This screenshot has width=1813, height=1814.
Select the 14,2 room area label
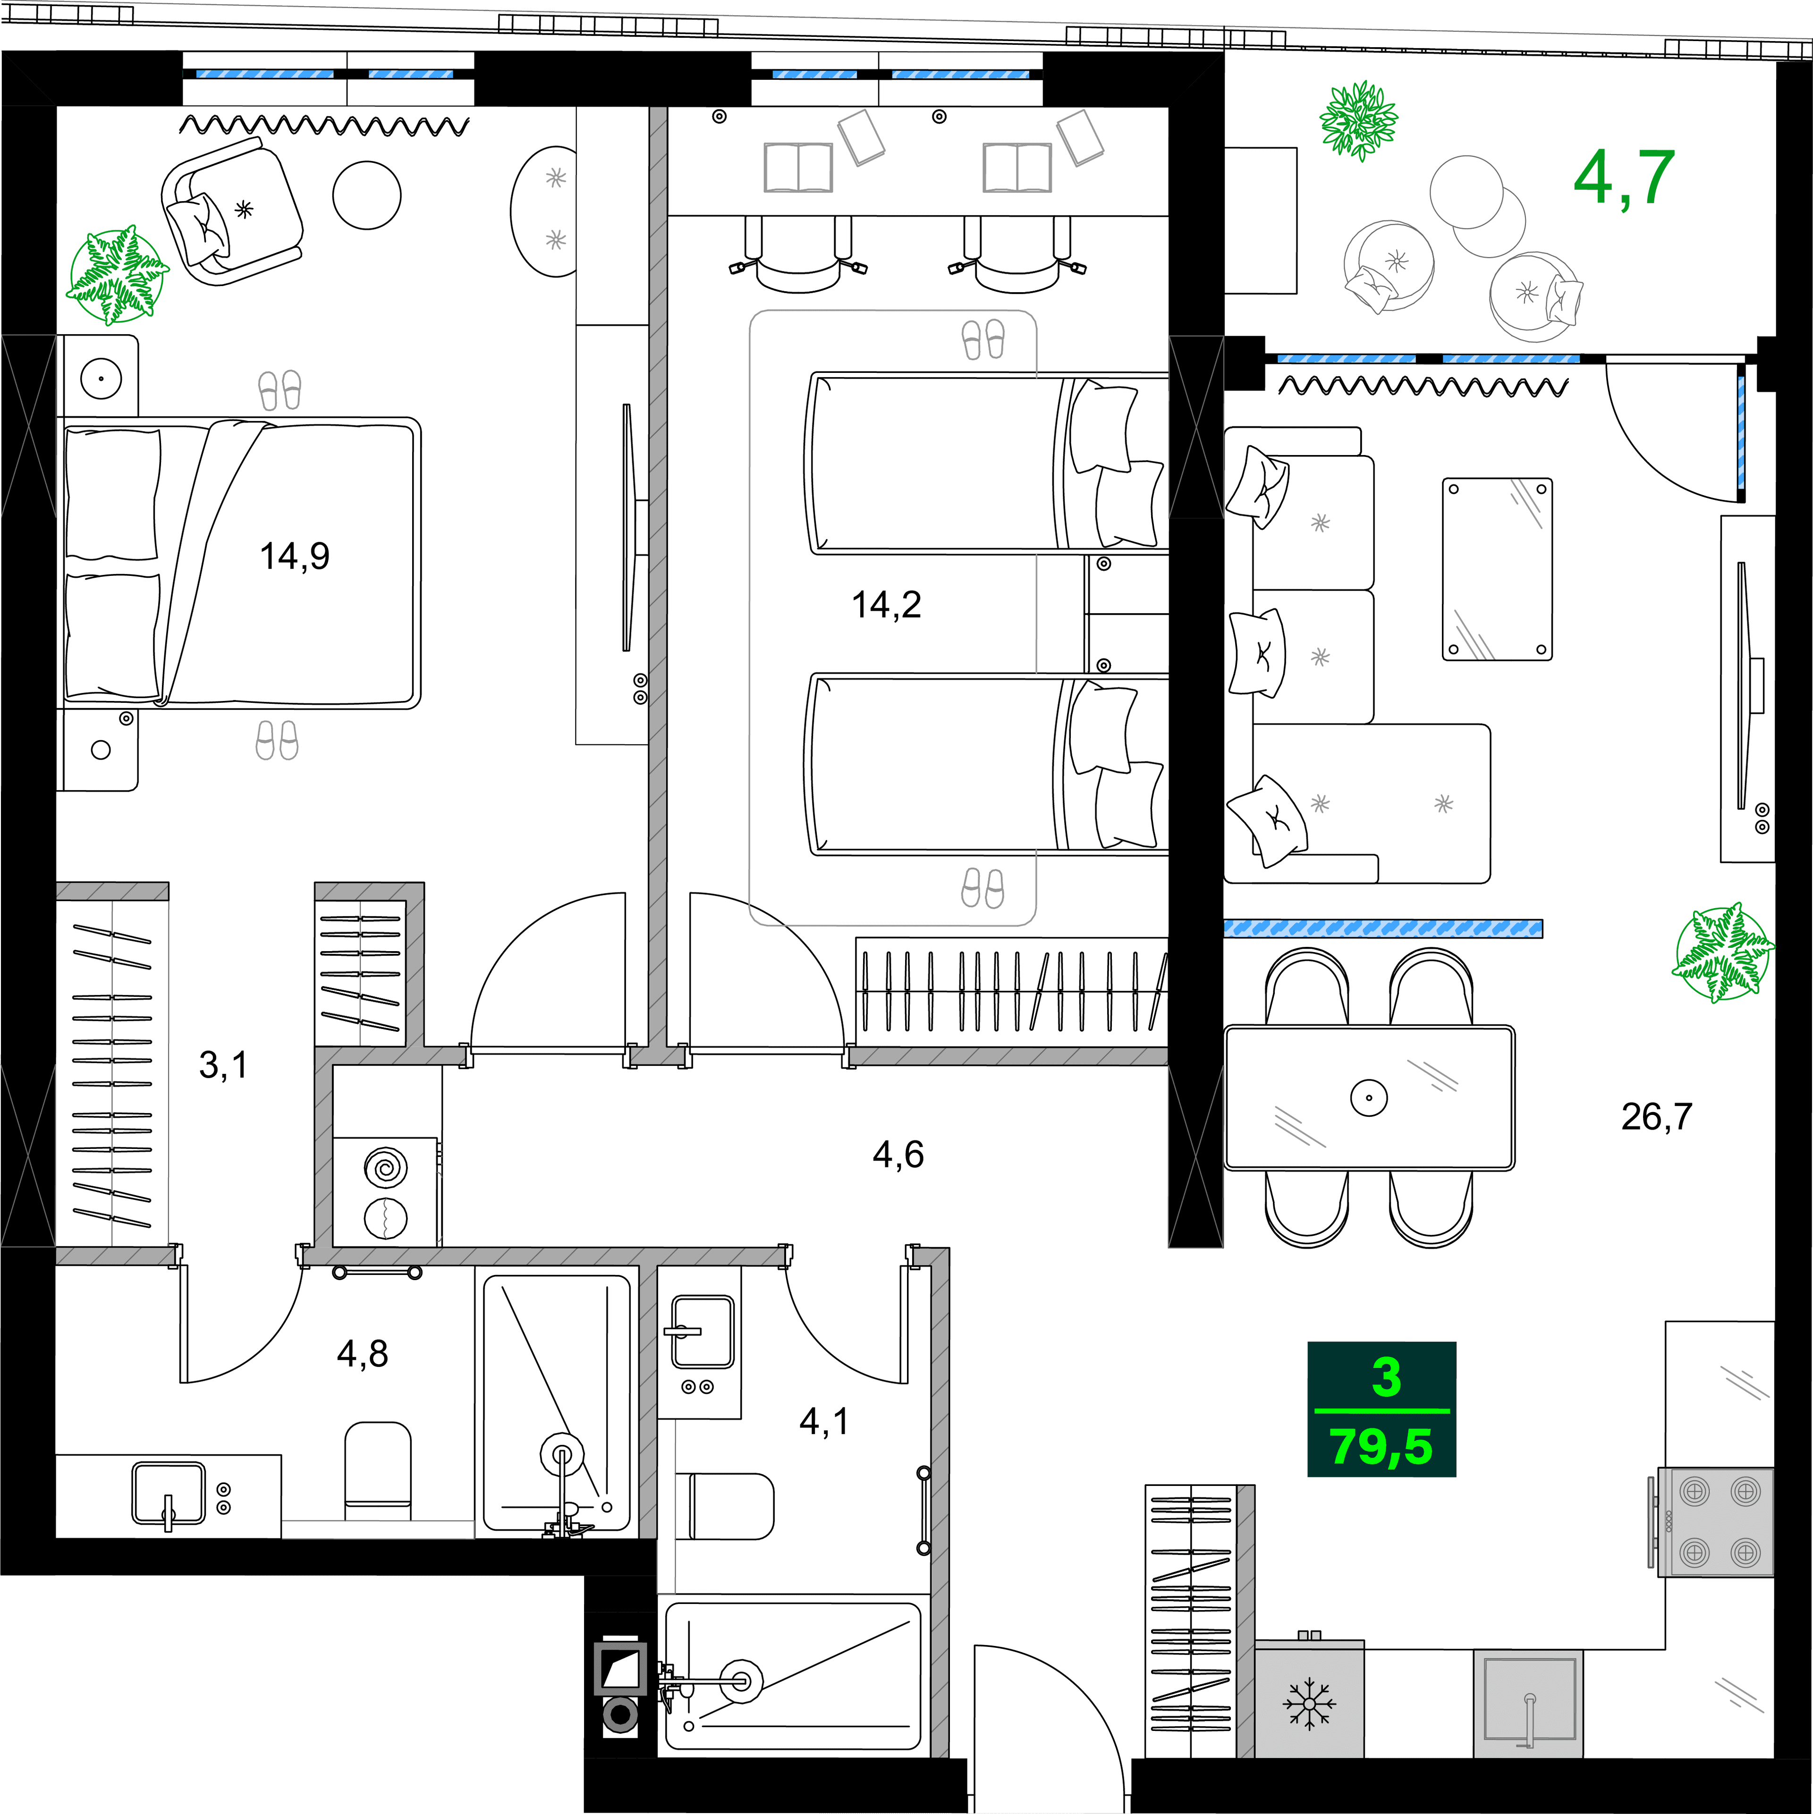click(886, 605)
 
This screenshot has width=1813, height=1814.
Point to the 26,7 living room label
click(1656, 1116)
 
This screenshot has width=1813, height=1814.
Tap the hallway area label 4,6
click(898, 1154)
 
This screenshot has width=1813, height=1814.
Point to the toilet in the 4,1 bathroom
click(731, 1506)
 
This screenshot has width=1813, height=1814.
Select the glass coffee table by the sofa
click(1496, 569)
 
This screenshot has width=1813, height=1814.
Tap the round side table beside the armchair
click(366, 195)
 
